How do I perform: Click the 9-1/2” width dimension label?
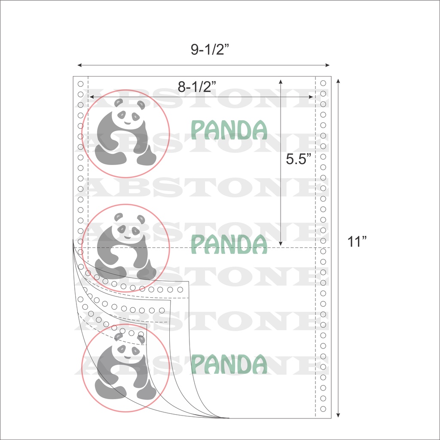coord(210,49)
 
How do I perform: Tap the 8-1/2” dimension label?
coord(197,87)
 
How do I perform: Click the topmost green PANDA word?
coord(229,130)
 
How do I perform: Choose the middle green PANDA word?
coord(229,244)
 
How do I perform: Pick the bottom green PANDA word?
coord(229,364)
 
